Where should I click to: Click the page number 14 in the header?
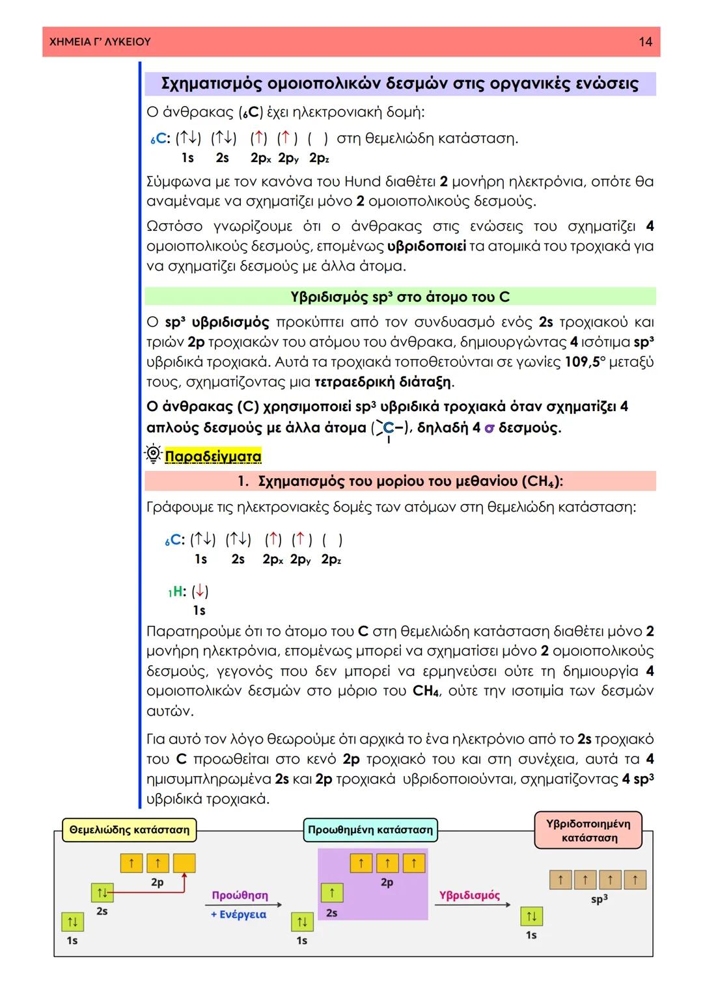click(x=644, y=42)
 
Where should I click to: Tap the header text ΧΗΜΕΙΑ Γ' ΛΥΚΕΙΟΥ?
click(x=100, y=42)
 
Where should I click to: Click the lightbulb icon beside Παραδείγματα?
click(x=153, y=455)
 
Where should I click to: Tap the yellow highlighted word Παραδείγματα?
click(x=213, y=456)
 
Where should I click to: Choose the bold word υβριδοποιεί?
click(x=426, y=247)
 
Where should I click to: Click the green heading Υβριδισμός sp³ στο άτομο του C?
click(x=400, y=297)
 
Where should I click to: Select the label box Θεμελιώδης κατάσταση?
click(x=129, y=830)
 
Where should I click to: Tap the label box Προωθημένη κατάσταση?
click(x=370, y=830)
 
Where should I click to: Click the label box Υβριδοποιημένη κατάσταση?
click(x=588, y=831)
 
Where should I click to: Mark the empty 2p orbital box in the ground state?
click(x=184, y=863)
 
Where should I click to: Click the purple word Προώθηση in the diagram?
click(x=240, y=895)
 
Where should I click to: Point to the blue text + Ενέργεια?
click(x=238, y=914)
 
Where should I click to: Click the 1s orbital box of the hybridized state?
click(x=531, y=917)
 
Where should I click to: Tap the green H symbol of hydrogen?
click(x=177, y=591)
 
